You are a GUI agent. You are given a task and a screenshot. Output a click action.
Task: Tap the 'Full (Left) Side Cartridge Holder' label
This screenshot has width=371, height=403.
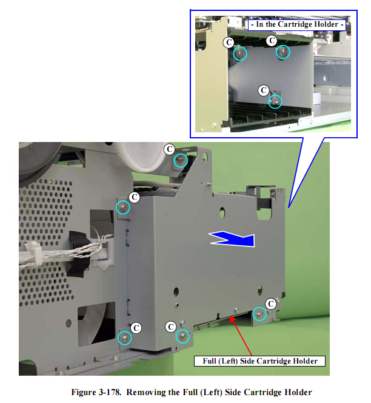(260, 361)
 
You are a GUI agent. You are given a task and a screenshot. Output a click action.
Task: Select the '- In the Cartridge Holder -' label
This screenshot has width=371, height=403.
(297, 25)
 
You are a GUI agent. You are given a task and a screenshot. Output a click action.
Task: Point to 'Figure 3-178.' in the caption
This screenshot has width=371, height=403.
(96, 392)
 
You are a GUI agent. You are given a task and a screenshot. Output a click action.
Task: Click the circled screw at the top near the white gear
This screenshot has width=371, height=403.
(181, 160)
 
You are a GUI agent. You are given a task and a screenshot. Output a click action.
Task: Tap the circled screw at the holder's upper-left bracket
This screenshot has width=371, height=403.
(122, 207)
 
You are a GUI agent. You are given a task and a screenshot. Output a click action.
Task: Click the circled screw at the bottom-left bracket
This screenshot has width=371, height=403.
(124, 338)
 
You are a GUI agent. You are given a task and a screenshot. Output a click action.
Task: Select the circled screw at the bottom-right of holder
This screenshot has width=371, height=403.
(259, 314)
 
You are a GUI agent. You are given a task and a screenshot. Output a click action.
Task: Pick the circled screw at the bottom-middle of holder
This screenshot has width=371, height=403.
(182, 336)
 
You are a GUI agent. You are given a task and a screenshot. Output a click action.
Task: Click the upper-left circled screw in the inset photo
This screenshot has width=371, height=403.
(240, 54)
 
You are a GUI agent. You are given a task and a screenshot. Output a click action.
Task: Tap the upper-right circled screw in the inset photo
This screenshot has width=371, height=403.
(283, 52)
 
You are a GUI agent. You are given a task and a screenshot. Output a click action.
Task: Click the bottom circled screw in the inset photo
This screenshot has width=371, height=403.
(275, 102)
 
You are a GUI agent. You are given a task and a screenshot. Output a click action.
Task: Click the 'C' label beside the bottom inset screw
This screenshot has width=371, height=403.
(264, 90)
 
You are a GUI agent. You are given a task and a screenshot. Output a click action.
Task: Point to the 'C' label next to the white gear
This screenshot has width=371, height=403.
(170, 149)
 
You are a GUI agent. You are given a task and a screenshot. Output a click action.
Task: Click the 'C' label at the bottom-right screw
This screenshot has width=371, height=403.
(271, 304)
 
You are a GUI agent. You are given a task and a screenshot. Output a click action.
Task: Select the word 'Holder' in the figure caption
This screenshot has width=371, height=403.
(298, 392)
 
